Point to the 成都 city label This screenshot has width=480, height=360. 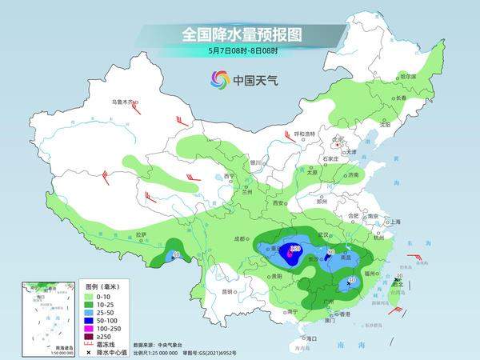pos(241,238)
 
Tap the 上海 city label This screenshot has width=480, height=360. pos(394,222)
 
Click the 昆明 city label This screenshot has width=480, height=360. pos(228,290)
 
